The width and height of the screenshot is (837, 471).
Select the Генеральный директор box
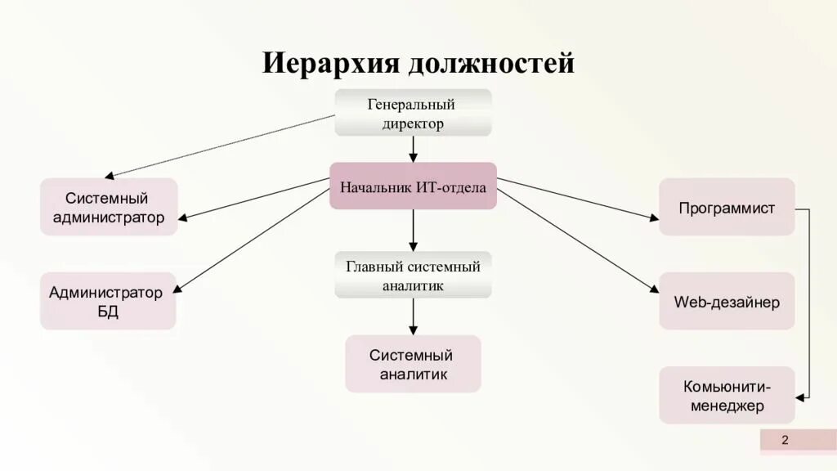[413, 114]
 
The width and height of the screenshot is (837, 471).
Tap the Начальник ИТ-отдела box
[413, 187]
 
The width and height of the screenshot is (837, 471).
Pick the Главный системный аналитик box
[413, 276]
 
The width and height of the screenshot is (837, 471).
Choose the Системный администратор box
[109, 208]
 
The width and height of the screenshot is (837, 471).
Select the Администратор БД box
[108, 302]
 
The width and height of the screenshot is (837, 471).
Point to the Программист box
[727, 208]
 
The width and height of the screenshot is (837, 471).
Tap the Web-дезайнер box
[727, 302]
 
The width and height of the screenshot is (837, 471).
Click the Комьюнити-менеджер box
[727, 395]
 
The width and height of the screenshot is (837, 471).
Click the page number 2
[785, 441]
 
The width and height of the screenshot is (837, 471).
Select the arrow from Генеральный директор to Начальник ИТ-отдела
[413, 149]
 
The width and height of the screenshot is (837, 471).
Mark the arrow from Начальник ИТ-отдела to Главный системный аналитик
[413, 230]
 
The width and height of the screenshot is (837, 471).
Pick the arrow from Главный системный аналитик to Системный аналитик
[413, 316]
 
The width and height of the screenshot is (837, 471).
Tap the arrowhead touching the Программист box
[654, 218]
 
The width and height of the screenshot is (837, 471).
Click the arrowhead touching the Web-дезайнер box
[654, 289]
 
